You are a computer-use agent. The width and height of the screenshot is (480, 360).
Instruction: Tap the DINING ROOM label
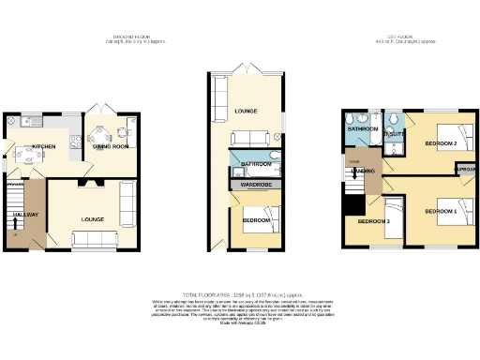click(x=111, y=146)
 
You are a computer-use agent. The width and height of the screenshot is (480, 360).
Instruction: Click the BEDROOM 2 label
click(x=439, y=143)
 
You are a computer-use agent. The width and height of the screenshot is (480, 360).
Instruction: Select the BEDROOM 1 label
click(x=439, y=211)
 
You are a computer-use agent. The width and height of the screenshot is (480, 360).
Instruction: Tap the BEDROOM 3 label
click(x=374, y=221)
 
